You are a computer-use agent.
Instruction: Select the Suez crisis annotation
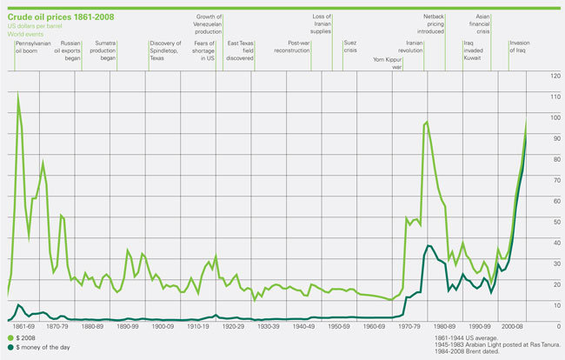coord(349,47)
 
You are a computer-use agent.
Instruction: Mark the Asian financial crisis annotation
coord(483,23)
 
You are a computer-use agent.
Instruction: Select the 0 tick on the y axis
coord(545,325)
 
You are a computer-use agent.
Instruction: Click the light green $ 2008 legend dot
coord(10,337)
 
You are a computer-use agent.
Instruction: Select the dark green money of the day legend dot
coord(10,346)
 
